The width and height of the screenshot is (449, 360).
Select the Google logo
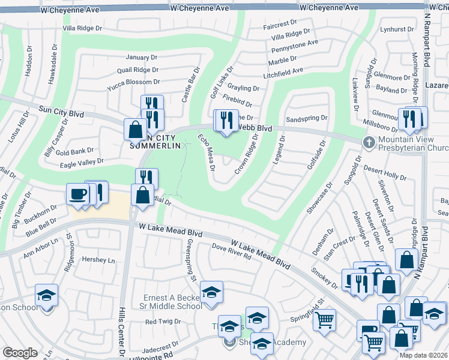coord(20,352)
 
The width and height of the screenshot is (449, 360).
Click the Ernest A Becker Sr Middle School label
coord(172,302)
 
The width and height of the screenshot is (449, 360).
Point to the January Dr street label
coord(141,57)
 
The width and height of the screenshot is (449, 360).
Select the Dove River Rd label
coord(231,251)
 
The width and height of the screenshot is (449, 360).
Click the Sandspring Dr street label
coord(306,119)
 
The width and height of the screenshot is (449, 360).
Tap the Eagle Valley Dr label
coord(82,161)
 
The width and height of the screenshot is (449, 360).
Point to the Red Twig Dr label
coord(159,322)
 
